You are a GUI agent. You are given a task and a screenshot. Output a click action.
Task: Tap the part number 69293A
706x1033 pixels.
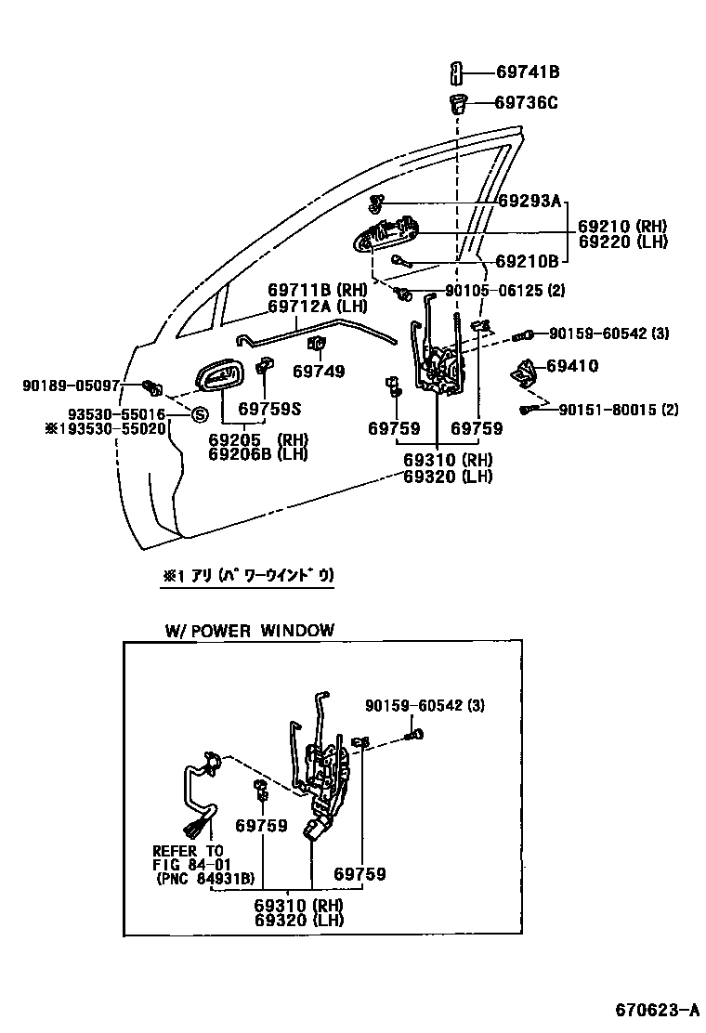pos(529,201)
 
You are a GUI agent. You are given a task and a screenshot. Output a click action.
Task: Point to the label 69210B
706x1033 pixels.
pos(527,261)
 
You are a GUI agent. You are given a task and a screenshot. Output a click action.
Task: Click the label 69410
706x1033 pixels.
pos(572,367)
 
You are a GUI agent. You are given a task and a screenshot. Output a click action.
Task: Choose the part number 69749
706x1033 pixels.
pos(318,372)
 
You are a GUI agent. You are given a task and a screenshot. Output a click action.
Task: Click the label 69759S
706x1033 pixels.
pos(269,408)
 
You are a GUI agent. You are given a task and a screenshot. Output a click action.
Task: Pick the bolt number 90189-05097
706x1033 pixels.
pos(71,384)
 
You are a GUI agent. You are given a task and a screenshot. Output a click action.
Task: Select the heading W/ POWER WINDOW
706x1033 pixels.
pos(249,631)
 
